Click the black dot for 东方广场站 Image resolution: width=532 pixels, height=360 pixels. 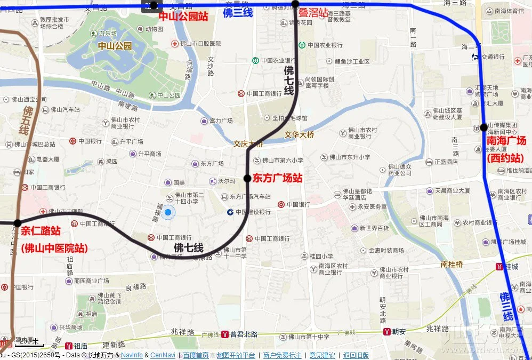tap(247, 178)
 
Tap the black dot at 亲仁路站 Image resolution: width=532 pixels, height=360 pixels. tap(18, 223)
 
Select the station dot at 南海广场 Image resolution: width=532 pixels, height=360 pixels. tap(483, 127)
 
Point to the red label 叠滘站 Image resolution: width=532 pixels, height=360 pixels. tap(313, 13)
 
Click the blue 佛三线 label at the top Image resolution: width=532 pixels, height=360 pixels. tap(237, 13)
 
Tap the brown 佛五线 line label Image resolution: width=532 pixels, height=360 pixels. tap(24, 120)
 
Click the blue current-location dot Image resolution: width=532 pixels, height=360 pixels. tap(168, 213)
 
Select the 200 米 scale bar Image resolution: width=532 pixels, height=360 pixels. tap(29, 341)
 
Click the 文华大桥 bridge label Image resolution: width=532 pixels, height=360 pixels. tap(300, 135)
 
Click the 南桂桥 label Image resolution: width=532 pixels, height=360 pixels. tap(452, 263)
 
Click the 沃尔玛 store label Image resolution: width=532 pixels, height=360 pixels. tap(227, 181)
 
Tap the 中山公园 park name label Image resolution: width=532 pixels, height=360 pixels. tap(114, 46)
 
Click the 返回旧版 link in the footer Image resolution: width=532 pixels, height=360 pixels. tap(356, 355)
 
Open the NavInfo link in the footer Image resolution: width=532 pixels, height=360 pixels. tap(132, 355)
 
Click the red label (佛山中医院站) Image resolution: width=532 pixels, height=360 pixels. tap(54, 248)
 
